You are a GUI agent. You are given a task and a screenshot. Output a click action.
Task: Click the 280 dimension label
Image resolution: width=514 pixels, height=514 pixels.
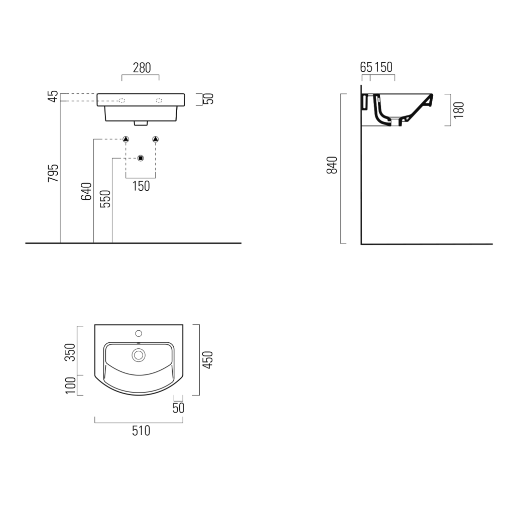(142, 68)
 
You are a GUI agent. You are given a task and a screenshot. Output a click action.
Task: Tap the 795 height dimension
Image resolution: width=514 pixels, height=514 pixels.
(53, 173)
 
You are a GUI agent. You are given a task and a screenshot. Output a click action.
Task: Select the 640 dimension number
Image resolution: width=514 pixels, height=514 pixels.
(86, 191)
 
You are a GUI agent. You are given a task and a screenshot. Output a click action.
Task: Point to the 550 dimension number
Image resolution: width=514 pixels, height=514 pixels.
(105, 199)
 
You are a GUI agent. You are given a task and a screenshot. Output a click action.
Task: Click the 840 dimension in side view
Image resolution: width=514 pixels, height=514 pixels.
(332, 165)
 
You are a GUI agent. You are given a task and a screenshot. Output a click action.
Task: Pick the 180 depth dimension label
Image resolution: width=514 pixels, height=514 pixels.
(459, 110)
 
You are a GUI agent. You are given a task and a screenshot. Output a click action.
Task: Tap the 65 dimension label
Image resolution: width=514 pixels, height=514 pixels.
(366, 67)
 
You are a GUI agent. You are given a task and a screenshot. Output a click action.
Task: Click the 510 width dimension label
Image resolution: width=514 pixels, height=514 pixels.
(141, 431)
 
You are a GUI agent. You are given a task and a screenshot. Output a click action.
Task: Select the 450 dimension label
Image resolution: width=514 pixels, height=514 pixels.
(207, 360)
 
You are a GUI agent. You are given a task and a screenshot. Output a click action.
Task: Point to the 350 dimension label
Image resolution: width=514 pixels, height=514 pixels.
(70, 352)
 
